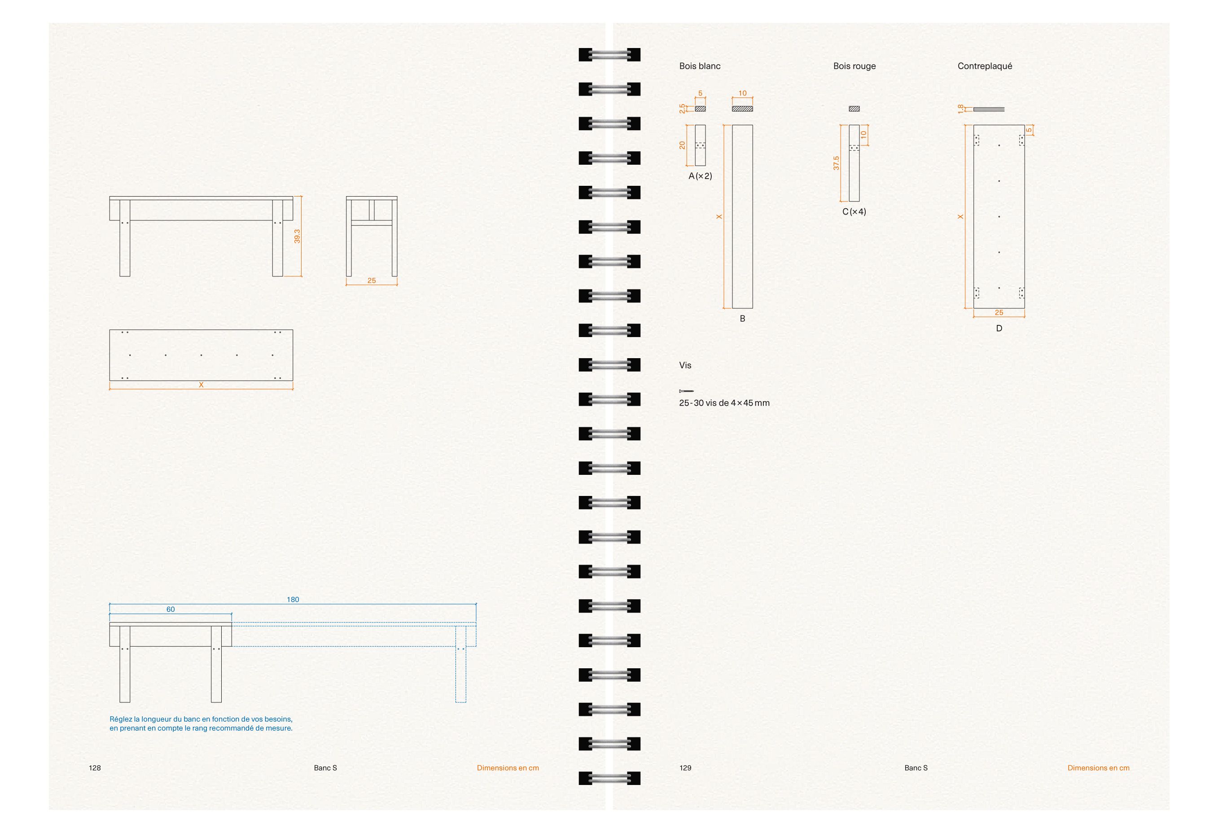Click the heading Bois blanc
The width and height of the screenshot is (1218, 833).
(x=700, y=66)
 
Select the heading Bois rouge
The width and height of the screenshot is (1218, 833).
(x=854, y=66)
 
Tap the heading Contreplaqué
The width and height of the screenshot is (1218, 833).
(x=985, y=66)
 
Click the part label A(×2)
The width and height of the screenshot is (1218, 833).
(x=700, y=176)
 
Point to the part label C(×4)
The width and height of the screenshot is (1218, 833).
(x=854, y=212)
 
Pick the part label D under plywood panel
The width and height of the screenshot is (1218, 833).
(x=999, y=329)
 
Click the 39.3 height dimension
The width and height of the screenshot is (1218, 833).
(x=297, y=237)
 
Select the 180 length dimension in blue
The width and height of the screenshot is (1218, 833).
(x=293, y=600)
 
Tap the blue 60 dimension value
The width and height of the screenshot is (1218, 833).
(x=171, y=609)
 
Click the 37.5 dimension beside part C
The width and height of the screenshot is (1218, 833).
(x=837, y=163)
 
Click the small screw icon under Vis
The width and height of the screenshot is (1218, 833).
(x=686, y=391)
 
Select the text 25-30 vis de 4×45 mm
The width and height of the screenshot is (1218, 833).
(x=724, y=403)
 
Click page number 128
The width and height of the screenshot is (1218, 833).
(x=95, y=768)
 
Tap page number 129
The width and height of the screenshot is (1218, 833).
(x=686, y=768)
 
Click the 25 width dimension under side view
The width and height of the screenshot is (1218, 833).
(x=372, y=281)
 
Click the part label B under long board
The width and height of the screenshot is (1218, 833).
(x=742, y=319)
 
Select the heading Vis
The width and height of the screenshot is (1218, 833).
(x=685, y=365)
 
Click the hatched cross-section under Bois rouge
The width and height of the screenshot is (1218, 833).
(x=854, y=109)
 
